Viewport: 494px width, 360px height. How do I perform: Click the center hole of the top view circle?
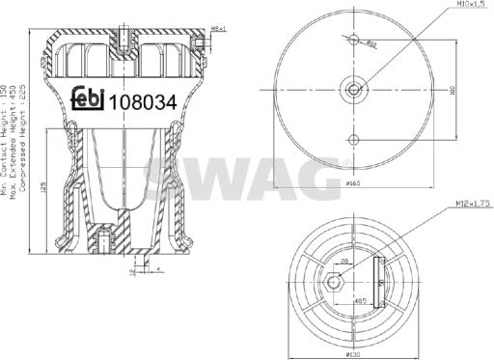pos(356,90)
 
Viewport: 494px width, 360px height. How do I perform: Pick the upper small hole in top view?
pos(356,42)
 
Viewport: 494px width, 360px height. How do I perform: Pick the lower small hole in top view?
pos(356,138)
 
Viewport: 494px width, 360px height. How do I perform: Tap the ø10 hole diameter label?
pos(372,45)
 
